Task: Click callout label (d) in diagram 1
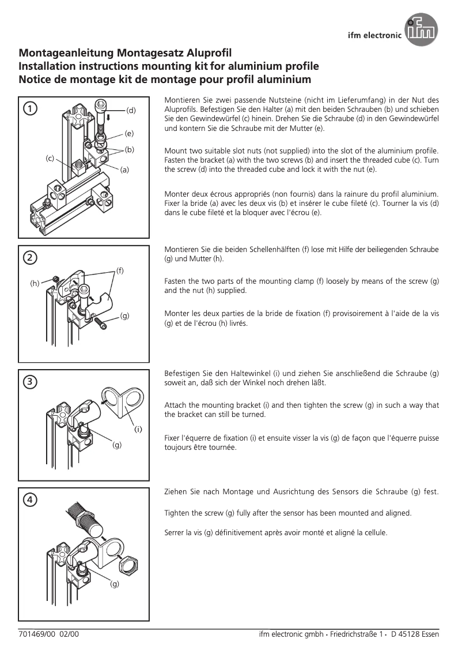[x=131, y=110]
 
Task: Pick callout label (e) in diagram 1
[x=129, y=133]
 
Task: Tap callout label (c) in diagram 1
[x=50, y=157]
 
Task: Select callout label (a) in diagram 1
[x=125, y=170]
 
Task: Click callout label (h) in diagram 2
[x=35, y=283]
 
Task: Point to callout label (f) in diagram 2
[x=120, y=269]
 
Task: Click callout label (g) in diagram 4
[x=115, y=584]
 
